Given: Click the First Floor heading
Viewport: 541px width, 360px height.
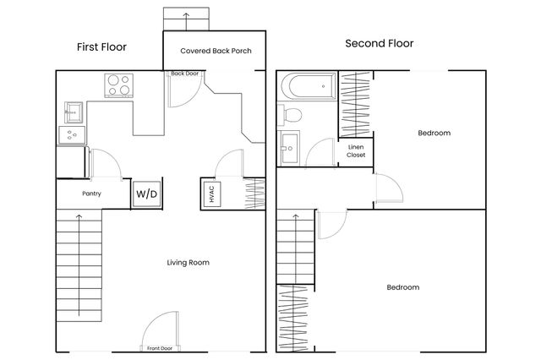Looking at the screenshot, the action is (101, 46).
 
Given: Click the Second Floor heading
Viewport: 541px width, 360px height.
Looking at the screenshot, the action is (380, 43).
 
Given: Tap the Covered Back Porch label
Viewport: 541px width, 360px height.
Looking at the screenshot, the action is (216, 51).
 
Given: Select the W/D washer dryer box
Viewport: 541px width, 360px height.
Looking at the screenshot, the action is (146, 194).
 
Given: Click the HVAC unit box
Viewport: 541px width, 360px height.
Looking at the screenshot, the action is (212, 194).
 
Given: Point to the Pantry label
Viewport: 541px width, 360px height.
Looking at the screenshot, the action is (91, 194).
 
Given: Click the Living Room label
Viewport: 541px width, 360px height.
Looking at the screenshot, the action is (188, 263).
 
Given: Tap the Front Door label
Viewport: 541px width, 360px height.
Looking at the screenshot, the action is (160, 348).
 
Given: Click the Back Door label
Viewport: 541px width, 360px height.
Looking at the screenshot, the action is (184, 74).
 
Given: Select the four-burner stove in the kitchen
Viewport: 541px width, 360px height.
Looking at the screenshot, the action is (118, 85).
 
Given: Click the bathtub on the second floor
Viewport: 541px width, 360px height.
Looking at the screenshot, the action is (309, 86).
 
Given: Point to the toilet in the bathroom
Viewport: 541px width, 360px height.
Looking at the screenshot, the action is (290, 114).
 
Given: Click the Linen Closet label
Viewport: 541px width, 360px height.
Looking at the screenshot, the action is (356, 151).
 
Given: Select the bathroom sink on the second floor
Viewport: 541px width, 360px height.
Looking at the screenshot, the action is (289, 148).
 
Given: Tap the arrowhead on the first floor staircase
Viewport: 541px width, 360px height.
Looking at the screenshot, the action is (79, 216).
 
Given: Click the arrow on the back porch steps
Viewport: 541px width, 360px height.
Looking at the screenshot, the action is (186, 21).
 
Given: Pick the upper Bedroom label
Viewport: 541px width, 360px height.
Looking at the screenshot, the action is (434, 133).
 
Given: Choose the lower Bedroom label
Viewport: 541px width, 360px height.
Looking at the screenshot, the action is (403, 287).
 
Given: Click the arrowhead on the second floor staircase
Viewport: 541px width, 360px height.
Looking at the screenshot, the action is (295, 216).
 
